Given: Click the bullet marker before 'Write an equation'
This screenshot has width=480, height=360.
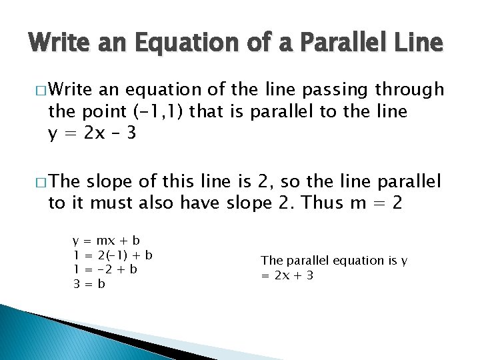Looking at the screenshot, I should point(39,89).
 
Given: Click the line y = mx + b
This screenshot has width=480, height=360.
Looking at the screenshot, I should point(107,239).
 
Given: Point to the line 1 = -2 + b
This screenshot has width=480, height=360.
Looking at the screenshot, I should point(106,269).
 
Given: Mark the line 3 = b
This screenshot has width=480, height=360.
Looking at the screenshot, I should point(90,283).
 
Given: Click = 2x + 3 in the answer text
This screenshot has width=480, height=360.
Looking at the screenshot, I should point(287,275).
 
